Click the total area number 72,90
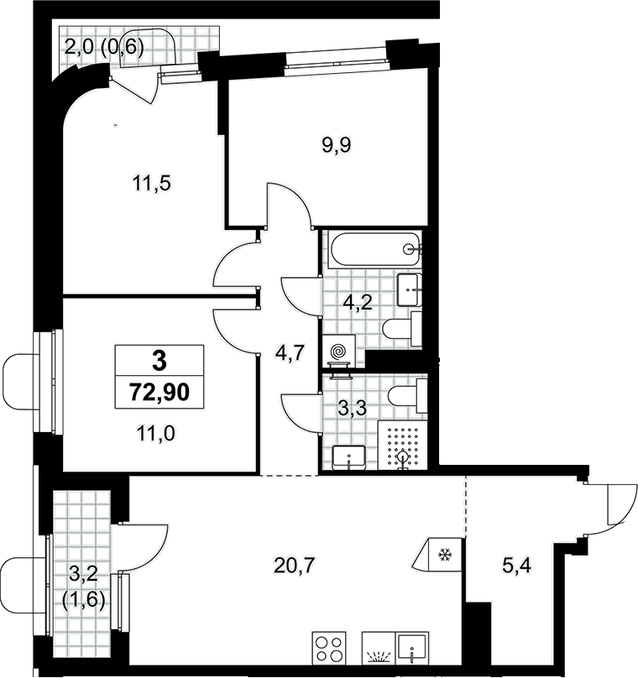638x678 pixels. (159, 393)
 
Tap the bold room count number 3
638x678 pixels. (159, 361)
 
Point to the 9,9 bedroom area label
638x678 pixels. (336, 145)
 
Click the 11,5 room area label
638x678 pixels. (151, 183)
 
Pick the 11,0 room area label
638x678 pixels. (155, 433)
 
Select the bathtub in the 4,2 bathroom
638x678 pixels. (374, 248)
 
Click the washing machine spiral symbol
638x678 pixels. (338, 350)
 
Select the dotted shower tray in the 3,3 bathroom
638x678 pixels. (403, 446)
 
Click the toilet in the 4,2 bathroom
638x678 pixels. (402, 329)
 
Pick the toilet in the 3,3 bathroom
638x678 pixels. (407, 396)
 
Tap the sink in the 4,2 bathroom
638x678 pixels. (409, 289)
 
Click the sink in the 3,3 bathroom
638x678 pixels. (349, 458)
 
